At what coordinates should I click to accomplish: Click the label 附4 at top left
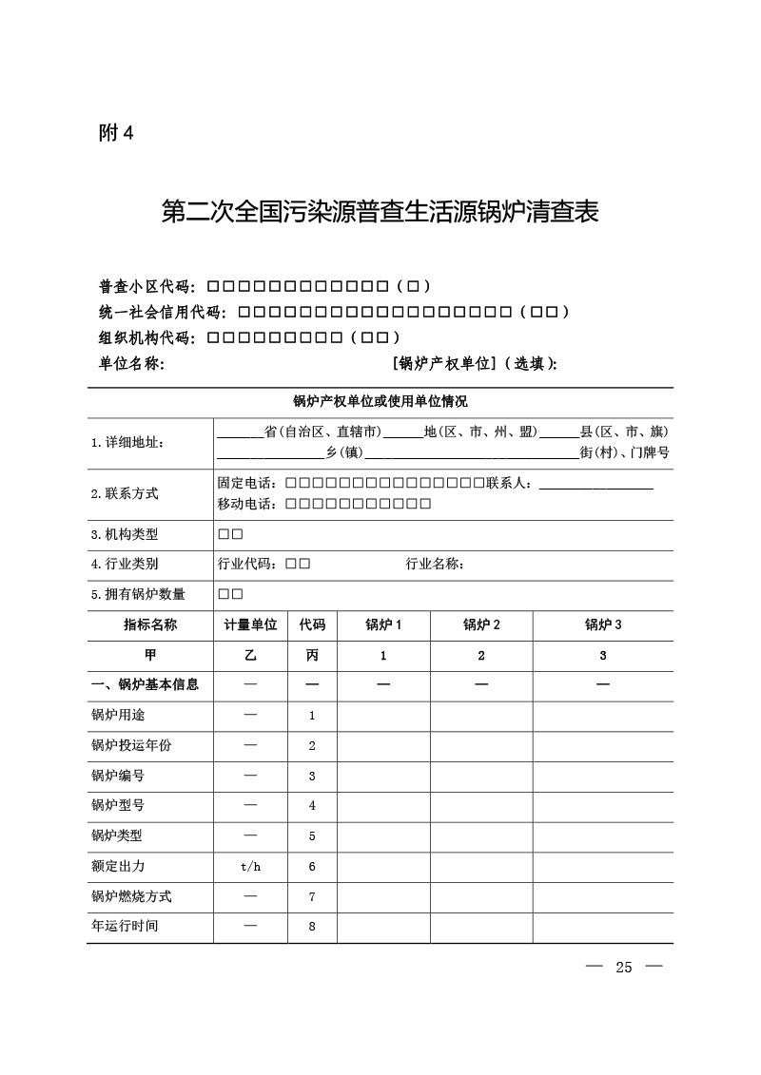point(116,133)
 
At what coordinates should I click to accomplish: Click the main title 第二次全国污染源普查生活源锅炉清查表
point(380,212)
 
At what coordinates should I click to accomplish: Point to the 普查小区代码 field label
point(147,286)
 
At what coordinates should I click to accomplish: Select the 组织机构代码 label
point(147,337)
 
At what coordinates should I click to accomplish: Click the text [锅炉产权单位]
point(444,363)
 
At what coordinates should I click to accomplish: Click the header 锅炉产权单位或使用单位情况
point(380,402)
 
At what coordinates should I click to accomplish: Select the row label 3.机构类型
point(125,535)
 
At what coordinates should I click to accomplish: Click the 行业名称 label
point(435,565)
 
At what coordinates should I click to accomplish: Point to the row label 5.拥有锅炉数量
point(138,595)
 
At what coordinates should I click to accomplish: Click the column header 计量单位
point(250,625)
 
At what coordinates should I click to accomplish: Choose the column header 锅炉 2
point(481,625)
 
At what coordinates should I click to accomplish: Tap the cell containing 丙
point(312,656)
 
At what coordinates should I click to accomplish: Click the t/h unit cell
point(250,867)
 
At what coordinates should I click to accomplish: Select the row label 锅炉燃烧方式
point(131,897)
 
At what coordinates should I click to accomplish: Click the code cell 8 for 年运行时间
point(312,928)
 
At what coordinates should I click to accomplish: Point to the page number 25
point(624,968)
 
